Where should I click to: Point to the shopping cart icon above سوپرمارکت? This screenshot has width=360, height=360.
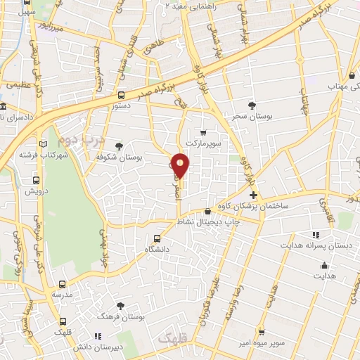(203, 132)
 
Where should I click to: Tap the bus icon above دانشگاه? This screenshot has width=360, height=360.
(156, 238)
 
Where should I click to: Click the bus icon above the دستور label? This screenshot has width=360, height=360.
(121, 95)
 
